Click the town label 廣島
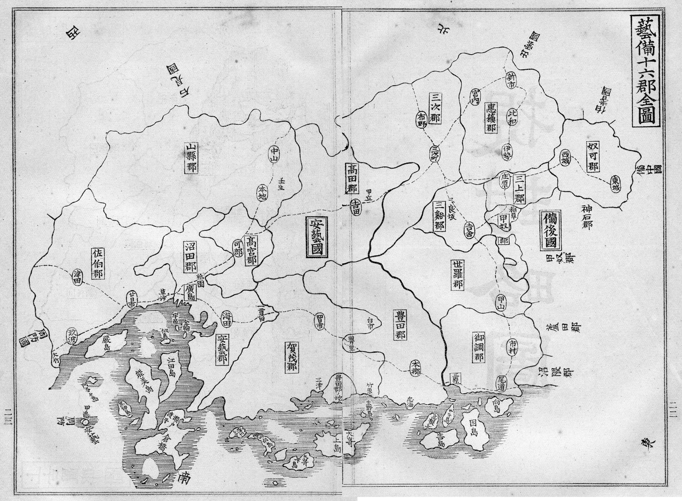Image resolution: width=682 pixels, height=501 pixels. pos(191,289)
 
